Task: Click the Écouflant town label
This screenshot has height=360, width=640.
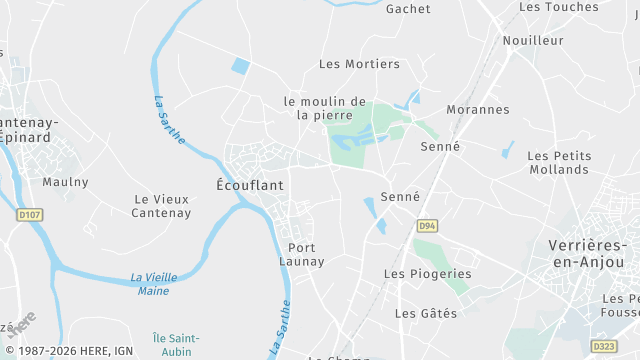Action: (x=250, y=185)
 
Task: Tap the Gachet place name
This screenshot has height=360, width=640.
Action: (x=408, y=9)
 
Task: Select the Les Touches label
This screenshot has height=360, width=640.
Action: (x=559, y=6)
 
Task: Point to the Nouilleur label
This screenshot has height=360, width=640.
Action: (x=533, y=41)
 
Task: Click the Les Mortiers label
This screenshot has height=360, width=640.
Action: (x=359, y=64)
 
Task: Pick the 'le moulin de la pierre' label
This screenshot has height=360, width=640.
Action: (x=325, y=108)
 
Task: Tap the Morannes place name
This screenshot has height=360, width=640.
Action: (x=478, y=110)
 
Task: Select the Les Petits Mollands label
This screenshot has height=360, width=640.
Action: (x=559, y=163)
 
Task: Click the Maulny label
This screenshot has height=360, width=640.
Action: (x=65, y=182)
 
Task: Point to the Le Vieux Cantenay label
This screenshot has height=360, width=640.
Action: (x=162, y=206)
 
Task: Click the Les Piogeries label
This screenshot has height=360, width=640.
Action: (x=427, y=274)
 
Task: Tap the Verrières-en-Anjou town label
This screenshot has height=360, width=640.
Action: (x=588, y=253)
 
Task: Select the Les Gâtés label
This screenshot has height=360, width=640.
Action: (x=426, y=313)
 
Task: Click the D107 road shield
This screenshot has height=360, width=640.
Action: (x=28, y=214)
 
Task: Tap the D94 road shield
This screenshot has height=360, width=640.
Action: (x=428, y=225)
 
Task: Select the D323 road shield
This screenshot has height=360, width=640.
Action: (x=603, y=346)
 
